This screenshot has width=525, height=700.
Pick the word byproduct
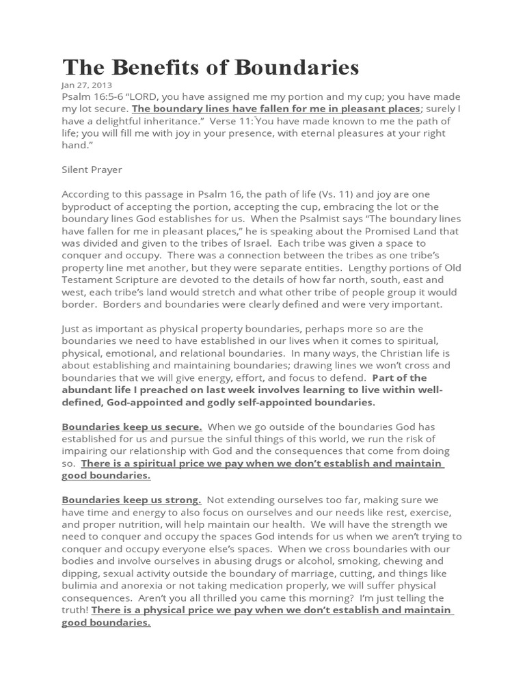(x=88, y=207)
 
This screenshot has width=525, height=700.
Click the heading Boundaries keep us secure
(x=131, y=427)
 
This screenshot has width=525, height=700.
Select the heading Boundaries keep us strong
(x=131, y=500)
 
